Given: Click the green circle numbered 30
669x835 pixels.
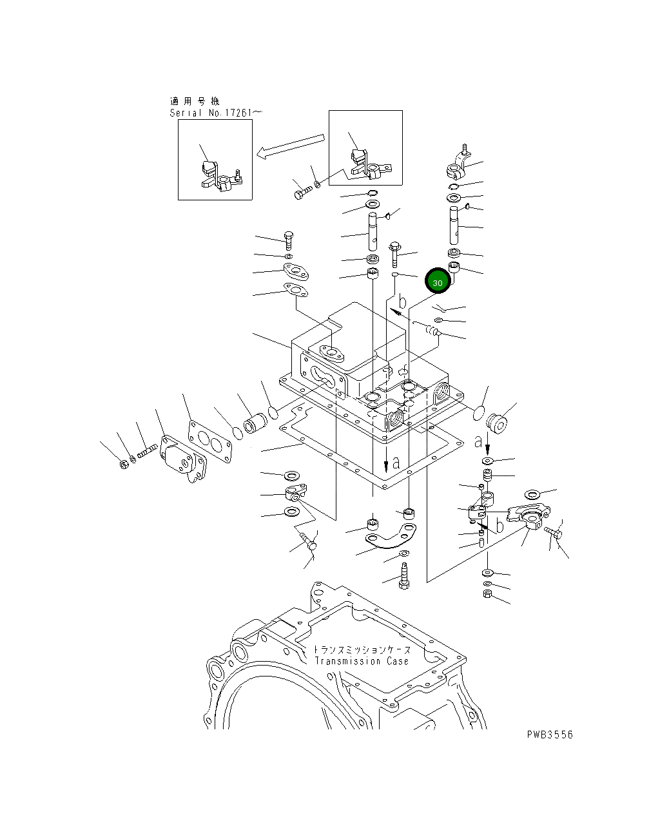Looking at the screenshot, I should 438,282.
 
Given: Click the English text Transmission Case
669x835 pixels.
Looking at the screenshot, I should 362,661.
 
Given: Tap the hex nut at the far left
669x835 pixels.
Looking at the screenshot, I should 124,464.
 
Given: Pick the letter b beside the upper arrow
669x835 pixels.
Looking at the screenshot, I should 402,301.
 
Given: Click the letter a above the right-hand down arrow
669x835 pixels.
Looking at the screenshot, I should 478,441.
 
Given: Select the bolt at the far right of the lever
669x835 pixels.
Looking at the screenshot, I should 554,532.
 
